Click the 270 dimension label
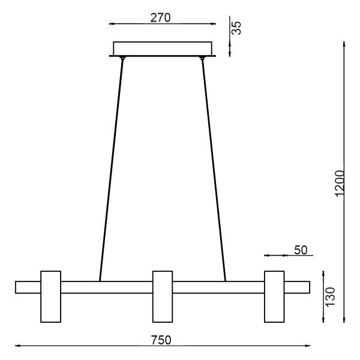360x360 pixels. coord(160,17)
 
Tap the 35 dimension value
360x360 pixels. coord(237,28)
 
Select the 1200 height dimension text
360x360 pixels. coord(340,182)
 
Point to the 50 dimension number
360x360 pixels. coord(300,250)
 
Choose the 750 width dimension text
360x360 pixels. coord(161,340)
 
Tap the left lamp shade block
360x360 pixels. coord(50,296)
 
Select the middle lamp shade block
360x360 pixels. coord(163,296)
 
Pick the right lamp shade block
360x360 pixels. coord(274,296)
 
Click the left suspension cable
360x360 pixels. coord(112,168)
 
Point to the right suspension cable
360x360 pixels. coord(214,168)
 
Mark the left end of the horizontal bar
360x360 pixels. coord(17,287)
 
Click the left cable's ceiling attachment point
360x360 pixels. coord(122,58)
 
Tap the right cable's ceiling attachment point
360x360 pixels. coord(203,58)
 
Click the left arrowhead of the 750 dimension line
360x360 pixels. coord(17,346)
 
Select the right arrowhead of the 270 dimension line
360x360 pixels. coord(212,24)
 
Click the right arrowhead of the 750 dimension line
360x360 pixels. coord(307,346)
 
